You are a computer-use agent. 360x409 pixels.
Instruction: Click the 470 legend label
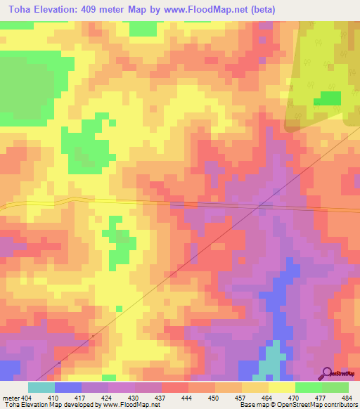293,397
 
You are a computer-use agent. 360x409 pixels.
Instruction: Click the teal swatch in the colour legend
41,387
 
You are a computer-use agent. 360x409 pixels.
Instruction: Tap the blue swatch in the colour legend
68,387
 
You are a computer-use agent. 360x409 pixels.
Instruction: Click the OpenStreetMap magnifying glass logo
328,373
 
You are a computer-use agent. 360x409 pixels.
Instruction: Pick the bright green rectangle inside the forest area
326,99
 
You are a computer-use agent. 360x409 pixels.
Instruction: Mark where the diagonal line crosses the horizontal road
260,206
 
